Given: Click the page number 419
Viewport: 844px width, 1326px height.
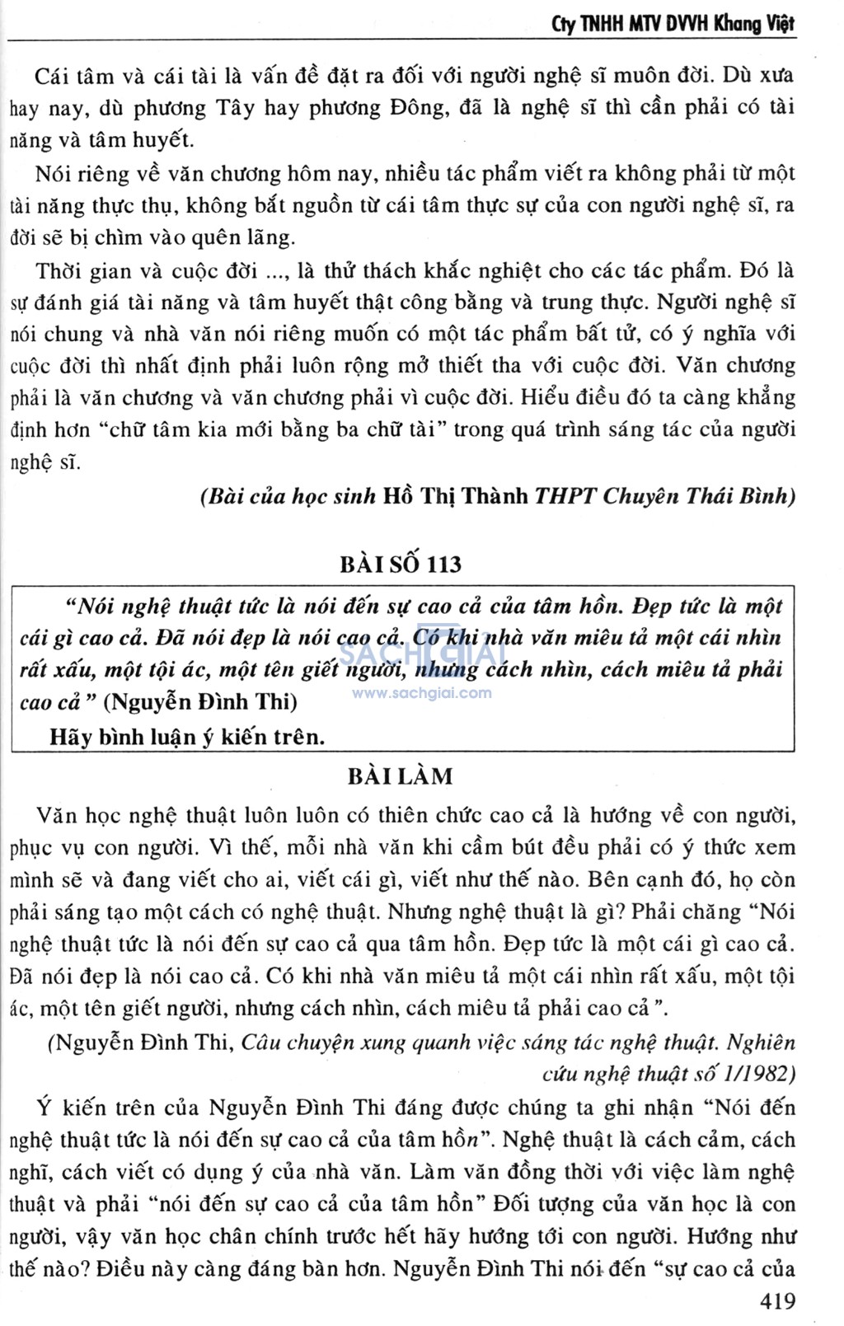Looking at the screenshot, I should tap(776, 1301).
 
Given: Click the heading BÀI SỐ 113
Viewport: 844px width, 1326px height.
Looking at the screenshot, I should tap(401, 565).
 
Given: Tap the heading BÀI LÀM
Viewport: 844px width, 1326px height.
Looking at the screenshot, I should tap(401, 776).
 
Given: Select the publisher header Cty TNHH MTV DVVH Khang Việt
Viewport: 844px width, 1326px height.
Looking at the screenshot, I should tap(673, 23).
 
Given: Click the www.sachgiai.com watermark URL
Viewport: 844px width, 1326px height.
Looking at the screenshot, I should tap(421, 693).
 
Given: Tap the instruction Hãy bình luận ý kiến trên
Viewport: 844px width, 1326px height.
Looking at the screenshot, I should tap(187, 736).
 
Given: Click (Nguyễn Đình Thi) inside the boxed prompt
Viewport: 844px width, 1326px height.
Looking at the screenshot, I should tap(204, 702).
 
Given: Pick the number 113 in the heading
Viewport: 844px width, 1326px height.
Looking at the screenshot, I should tap(444, 565).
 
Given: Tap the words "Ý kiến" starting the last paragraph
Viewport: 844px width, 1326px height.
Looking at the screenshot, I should tap(71, 1108).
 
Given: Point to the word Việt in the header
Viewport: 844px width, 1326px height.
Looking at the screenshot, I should tap(778, 23).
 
